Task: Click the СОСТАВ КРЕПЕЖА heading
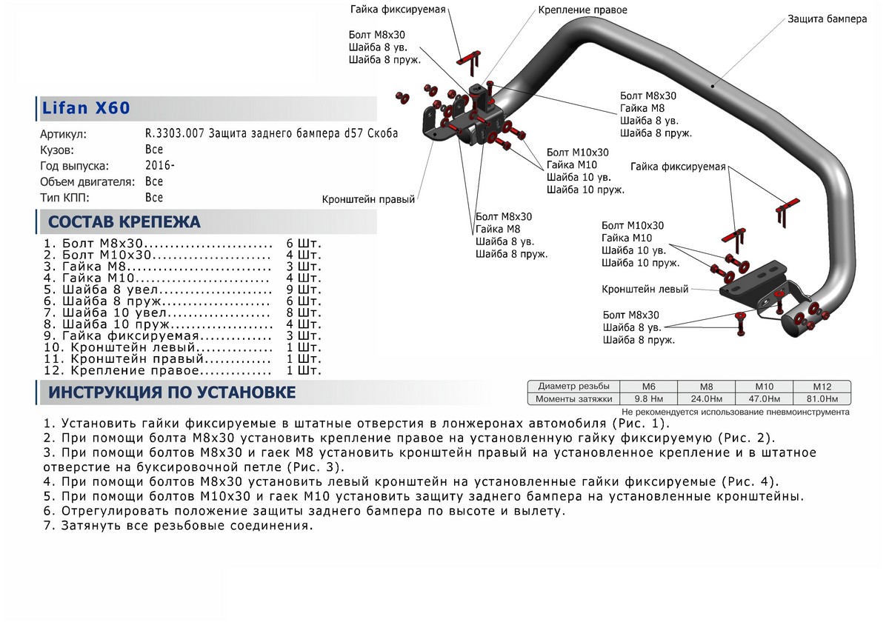click(124, 222)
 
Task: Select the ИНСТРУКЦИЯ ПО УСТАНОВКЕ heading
click(172, 392)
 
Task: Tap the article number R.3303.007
click(176, 134)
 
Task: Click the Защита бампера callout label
click(827, 19)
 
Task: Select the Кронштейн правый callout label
click(368, 199)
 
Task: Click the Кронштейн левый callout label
click(645, 289)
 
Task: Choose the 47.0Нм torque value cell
click(764, 399)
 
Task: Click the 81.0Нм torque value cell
click(822, 399)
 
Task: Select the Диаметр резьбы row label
click(574, 387)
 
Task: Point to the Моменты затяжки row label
click(575, 399)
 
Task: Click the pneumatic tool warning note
click(735, 412)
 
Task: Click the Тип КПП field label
click(65, 198)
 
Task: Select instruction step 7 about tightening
click(178, 526)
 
